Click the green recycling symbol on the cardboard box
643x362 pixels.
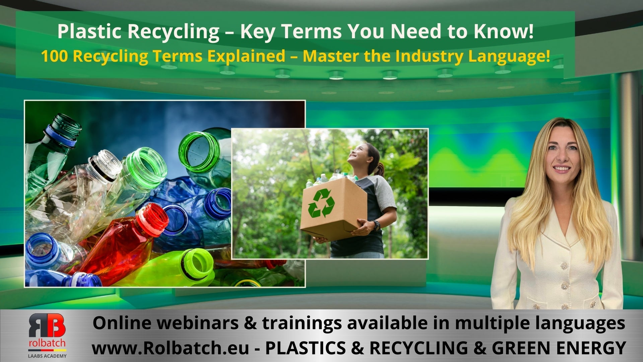321,203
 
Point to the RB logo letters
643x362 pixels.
47,325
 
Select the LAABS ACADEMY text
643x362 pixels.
47,356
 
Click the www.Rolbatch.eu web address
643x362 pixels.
170,348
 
